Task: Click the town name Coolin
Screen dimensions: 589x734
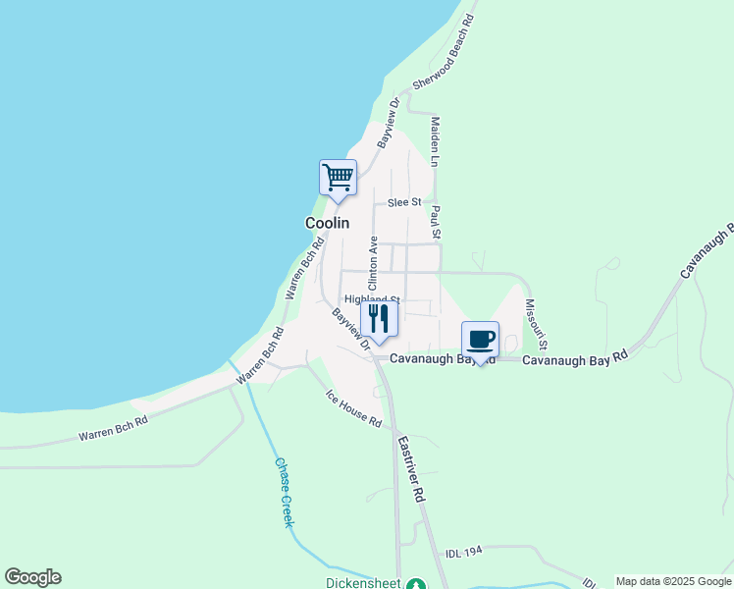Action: tap(327, 223)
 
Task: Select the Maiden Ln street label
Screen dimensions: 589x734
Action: tap(434, 139)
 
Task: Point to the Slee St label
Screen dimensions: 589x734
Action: tap(403, 202)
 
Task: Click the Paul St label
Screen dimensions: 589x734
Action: tap(436, 222)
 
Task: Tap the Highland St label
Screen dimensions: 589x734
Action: tap(371, 299)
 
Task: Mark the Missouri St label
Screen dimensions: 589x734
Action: tap(536, 326)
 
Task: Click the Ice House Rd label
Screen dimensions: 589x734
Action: tap(353, 407)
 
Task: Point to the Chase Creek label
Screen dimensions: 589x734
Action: tap(283, 493)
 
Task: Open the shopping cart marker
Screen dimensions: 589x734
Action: tap(338, 178)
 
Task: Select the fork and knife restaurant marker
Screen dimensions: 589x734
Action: tap(378, 318)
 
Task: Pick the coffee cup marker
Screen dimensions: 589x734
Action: tap(480, 340)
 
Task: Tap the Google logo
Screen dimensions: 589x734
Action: tap(32, 577)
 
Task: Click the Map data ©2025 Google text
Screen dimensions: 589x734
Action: tap(674, 582)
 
